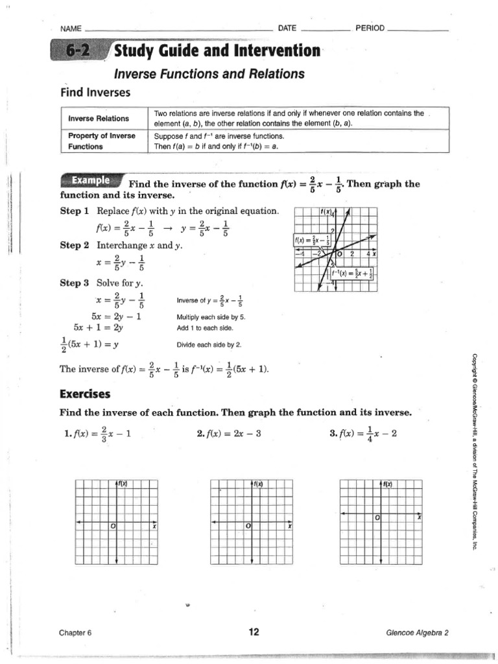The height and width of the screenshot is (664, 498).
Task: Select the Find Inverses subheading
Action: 95,93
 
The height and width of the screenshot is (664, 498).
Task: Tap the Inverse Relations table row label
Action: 99,118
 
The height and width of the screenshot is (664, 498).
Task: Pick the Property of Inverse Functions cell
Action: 102,141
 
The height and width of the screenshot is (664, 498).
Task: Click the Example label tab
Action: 90,180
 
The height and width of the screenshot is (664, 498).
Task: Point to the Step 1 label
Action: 75,211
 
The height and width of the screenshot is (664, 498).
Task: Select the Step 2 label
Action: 75,245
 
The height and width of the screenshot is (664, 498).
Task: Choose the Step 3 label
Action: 75,283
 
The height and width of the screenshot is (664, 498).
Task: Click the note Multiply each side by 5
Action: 211,318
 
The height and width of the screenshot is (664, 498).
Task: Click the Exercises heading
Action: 85,394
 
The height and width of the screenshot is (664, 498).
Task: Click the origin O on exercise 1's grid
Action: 113,527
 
